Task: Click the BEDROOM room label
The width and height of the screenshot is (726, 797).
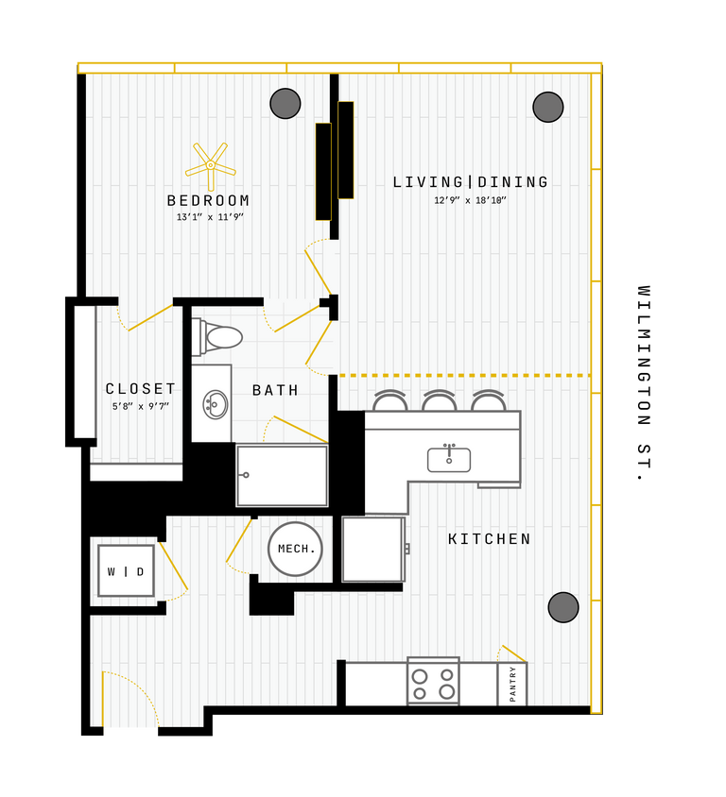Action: (x=209, y=201)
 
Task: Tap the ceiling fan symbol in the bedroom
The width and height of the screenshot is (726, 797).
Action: (x=210, y=165)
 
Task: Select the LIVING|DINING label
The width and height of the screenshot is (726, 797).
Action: (x=471, y=182)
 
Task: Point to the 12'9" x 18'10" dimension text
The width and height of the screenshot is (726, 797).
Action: (x=471, y=200)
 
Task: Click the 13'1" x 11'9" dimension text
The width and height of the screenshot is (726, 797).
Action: (x=210, y=217)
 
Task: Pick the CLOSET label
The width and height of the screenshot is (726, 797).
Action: (x=141, y=389)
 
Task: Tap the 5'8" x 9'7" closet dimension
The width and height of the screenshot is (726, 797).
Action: (x=140, y=407)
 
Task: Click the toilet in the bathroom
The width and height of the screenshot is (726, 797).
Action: (x=219, y=337)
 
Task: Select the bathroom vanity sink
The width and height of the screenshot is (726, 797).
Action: (x=215, y=404)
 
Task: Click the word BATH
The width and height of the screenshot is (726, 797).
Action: (x=275, y=390)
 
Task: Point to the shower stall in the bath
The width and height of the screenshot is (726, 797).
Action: (x=282, y=475)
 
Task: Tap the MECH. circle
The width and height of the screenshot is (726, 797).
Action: (x=295, y=549)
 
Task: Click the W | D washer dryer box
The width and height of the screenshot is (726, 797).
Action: (x=126, y=571)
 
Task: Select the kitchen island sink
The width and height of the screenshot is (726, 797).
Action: (x=449, y=460)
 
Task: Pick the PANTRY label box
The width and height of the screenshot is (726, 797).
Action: (x=512, y=684)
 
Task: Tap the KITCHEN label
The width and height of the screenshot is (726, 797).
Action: (x=490, y=539)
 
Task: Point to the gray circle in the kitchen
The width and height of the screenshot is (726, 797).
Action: (x=563, y=607)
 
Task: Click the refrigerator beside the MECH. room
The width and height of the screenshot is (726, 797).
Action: (x=372, y=549)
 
